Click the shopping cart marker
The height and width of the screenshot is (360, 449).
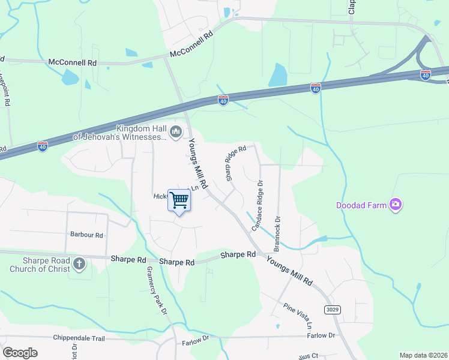(x=179, y=200)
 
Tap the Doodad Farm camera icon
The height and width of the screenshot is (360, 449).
(x=395, y=205)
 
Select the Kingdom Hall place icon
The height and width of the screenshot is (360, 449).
(x=176, y=131)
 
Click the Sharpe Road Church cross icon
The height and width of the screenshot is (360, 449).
(x=79, y=263)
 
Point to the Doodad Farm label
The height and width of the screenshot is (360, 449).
(x=360, y=205)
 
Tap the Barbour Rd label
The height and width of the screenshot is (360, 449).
(x=86, y=235)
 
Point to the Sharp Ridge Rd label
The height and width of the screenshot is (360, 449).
(x=235, y=163)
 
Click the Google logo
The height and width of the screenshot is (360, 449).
(x=20, y=353)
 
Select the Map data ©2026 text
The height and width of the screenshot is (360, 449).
(x=423, y=355)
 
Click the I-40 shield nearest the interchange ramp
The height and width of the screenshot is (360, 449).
(x=425, y=75)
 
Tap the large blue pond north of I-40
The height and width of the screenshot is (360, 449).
(x=278, y=76)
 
